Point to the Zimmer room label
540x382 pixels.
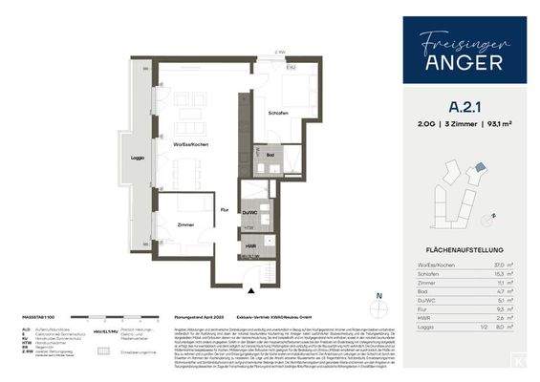pyautogui.click(x=185, y=225)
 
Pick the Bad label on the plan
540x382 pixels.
pyautogui.click(x=271, y=155)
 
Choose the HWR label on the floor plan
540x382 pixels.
pyautogui.click(x=249, y=246)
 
